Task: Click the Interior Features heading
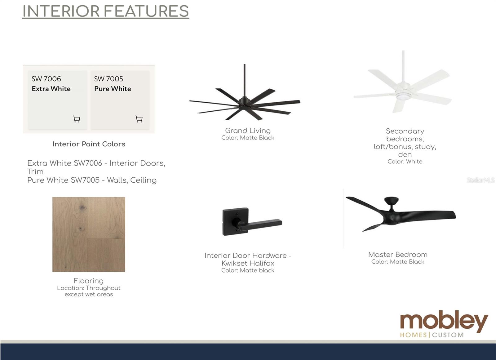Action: pyautogui.click(x=106, y=11)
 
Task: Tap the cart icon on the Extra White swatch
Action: pyautogui.click(x=77, y=119)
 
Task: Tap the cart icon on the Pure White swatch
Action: pyautogui.click(x=139, y=119)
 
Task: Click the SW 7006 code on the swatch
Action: pyautogui.click(x=46, y=79)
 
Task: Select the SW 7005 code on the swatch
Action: pyautogui.click(x=108, y=79)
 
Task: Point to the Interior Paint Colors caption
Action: pyautogui.click(x=89, y=144)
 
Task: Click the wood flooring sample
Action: pyautogui.click(x=89, y=234)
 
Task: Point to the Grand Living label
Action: pyautogui.click(x=248, y=131)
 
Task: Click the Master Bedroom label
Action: pyautogui.click(x=398, y=255)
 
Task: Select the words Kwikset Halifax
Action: pyautogui.click(x=248, y=263)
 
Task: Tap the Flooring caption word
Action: pyautogui.click(x=89, y=281)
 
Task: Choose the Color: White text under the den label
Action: pyautogui.click(x=405, y=162)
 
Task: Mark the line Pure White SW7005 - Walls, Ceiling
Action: pyautogui.click(x=92, y=180)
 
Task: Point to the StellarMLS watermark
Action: pyautogui.click(x=480, y=180)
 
